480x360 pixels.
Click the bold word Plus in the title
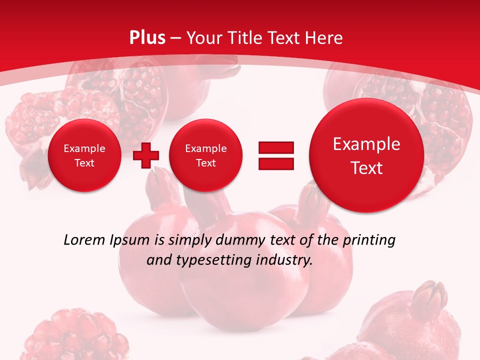pos(147,38)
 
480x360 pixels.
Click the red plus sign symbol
pos(146,155)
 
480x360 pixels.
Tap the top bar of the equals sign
pos(276,147)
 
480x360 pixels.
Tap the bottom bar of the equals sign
pos(276,163)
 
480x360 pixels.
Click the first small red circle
pos(84,155)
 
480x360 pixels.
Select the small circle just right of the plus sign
pos(205,155)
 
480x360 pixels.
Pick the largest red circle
pos(366,155)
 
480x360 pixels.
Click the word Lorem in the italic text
pos(84,240)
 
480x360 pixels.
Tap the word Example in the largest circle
pos(366,144)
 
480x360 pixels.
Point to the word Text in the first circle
pos(84,163)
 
